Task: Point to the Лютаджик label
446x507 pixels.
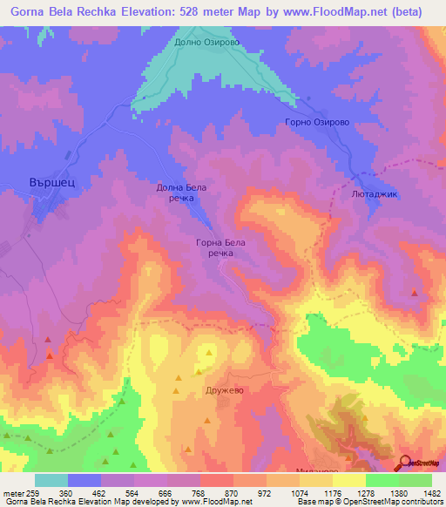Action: (x=374, y=194)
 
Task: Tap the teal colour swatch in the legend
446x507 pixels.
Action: (x=51, y=480)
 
